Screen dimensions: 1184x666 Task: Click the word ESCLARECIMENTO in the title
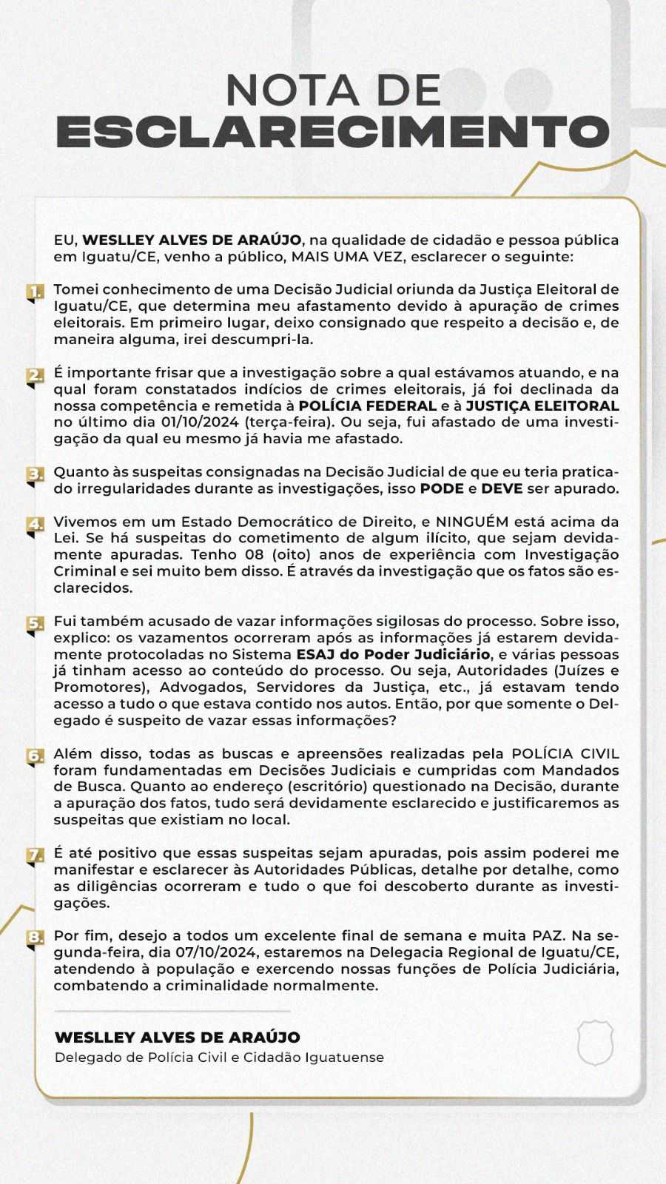pos(333,132)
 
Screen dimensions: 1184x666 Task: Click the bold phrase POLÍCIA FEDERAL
pos(367,406)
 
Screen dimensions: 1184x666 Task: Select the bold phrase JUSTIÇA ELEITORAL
pos(542,406)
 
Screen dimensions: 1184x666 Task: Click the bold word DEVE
pos(502,488)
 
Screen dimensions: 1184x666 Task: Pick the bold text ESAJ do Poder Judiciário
pos(393,654)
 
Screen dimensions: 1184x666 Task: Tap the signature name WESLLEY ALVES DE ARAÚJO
pos(178,1037)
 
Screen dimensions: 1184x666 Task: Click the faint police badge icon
pos(595,1043)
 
